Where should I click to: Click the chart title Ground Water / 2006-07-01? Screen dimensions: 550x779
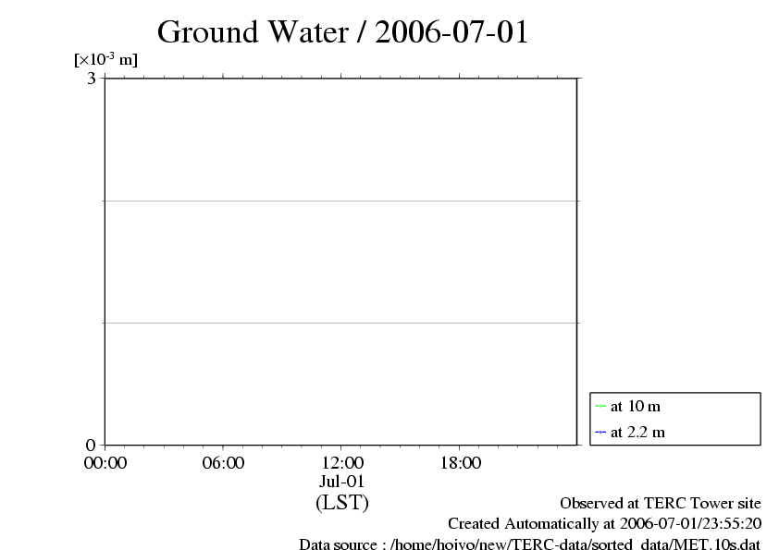[342, 31]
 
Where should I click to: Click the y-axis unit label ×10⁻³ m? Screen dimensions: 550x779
[105, 60]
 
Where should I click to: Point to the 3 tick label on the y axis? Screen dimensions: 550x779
[92, 79]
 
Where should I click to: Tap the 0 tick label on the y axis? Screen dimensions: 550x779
[91, 446]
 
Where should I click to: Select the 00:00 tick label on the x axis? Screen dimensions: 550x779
[105, 463]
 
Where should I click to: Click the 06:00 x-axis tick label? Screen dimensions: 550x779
[223, 463]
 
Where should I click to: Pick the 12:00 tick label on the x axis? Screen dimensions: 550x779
[341, 463]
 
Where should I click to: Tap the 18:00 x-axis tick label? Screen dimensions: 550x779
[460, 463]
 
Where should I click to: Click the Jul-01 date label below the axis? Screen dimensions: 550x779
[341, 482]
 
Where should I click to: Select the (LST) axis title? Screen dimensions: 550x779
[341, 503]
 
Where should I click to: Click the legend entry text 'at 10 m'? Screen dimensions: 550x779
[636, 406]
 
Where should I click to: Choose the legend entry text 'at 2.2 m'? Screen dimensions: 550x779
[637, 432]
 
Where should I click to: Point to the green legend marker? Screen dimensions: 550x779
[600, 406]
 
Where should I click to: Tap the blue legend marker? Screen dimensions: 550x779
[600, 432]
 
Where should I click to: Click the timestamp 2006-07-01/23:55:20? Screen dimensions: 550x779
[684, 524]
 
